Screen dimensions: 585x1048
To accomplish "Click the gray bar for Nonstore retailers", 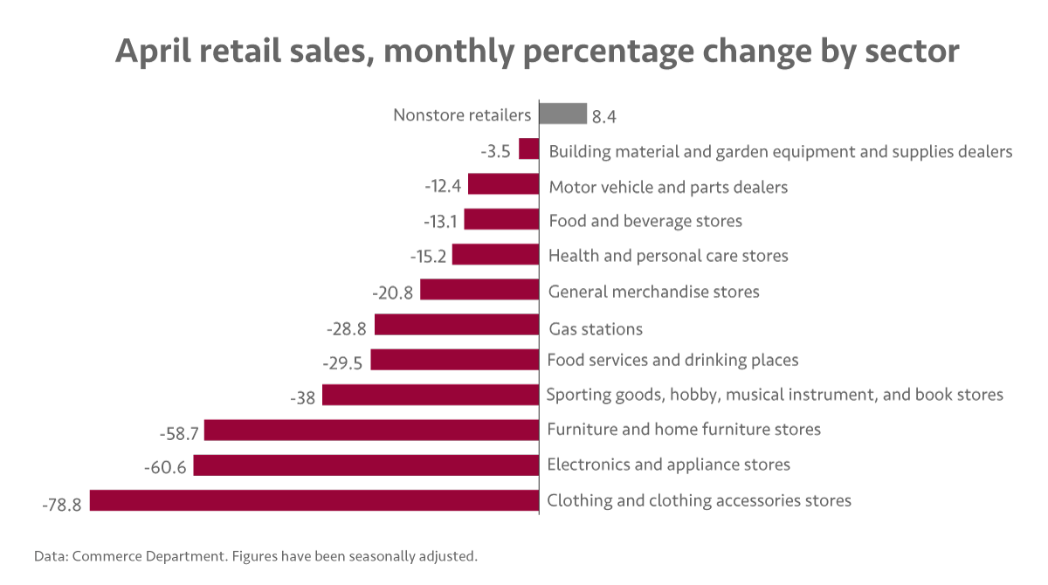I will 562,114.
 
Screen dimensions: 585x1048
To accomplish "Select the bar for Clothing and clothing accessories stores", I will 314,500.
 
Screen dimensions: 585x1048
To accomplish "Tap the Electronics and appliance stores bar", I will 366,465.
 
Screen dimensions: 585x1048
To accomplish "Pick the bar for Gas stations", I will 457,325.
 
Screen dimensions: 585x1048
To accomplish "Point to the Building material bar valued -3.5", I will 528,148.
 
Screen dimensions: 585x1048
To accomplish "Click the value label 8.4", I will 605,116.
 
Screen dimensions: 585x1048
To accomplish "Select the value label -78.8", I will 62,504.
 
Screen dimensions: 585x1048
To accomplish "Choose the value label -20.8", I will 392,292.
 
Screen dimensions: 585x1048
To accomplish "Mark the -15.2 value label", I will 428,258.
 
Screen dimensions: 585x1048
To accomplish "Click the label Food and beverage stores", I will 645,221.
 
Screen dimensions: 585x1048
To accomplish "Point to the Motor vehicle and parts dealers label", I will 668,187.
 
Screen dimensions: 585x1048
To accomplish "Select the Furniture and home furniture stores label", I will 684,430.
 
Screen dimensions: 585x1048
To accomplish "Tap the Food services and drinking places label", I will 672,360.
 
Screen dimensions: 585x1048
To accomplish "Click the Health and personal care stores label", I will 668,256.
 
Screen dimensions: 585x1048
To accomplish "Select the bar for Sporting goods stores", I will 431,395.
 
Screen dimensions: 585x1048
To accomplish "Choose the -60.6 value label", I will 165,467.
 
